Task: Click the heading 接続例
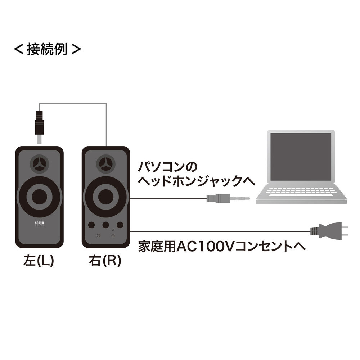(47, 49)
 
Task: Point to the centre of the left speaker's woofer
(39, 197)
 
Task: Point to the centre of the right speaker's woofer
(105, 197)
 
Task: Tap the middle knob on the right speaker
(106, 225)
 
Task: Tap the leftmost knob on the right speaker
(91, 225)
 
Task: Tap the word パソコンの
(168, 168)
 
